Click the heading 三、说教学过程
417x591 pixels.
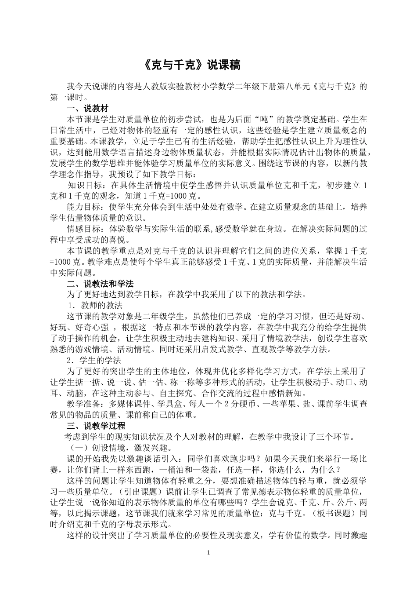[96, 426]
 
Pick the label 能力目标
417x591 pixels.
[85, 207]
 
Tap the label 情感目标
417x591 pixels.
[85, 229]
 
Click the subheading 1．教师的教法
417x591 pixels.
[94, 306]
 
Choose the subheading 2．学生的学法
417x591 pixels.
[94, 360]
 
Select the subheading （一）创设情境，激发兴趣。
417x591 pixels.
[118, 448]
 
